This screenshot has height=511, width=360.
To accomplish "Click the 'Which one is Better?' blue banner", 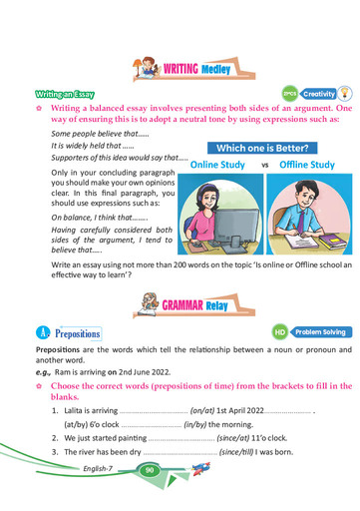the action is click(263, 148).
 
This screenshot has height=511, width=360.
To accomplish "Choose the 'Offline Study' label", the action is click(307, 165).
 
